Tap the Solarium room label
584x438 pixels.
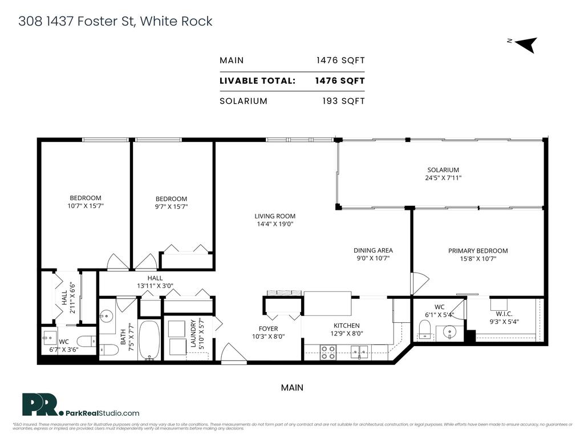[x=443, y=170]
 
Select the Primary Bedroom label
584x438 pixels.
[x=477, y=250]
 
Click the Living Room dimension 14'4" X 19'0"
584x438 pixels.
[x=275, y=224]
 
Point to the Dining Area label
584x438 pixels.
[x=373, y=250]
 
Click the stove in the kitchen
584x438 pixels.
[x=328, y=352]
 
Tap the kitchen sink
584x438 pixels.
[x=359, y=352]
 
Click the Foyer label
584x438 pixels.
[x=268, y=328]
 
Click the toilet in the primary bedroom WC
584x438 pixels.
[x=424, y=329]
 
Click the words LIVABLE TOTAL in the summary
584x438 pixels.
[x=257, y=81]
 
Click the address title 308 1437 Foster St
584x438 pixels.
[x=115, y=22]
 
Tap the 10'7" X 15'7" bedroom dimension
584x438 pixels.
[x=86, y=206]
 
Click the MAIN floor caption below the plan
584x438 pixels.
[x=292, y=388]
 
